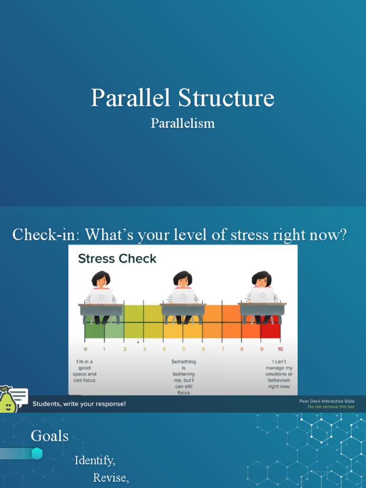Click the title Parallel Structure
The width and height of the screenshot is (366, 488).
[183, 98]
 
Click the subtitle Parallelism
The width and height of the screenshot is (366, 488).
[183, 123]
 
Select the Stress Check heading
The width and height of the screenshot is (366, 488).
[117, 259]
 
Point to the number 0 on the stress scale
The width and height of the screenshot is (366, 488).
[85, 349]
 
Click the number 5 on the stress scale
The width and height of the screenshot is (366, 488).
[183, 349]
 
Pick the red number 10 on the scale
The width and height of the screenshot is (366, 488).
[280, 349]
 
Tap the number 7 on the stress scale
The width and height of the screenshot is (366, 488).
[222, 349]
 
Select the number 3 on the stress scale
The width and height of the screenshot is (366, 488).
[144, 349]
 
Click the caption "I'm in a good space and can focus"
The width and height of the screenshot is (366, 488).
[85, 371]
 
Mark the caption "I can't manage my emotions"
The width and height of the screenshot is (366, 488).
[279, 374]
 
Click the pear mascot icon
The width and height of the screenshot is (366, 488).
[7, 401]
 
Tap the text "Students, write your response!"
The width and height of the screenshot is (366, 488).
[79, 404]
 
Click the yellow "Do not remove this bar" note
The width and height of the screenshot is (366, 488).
[331, 407]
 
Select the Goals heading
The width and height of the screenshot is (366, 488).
[50, 436]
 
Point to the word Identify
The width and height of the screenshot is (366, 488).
[95, 461]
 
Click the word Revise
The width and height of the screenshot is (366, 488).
[111, 478]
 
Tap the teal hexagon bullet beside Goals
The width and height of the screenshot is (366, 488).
[37, 454]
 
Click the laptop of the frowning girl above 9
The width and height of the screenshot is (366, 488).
[262, 295]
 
